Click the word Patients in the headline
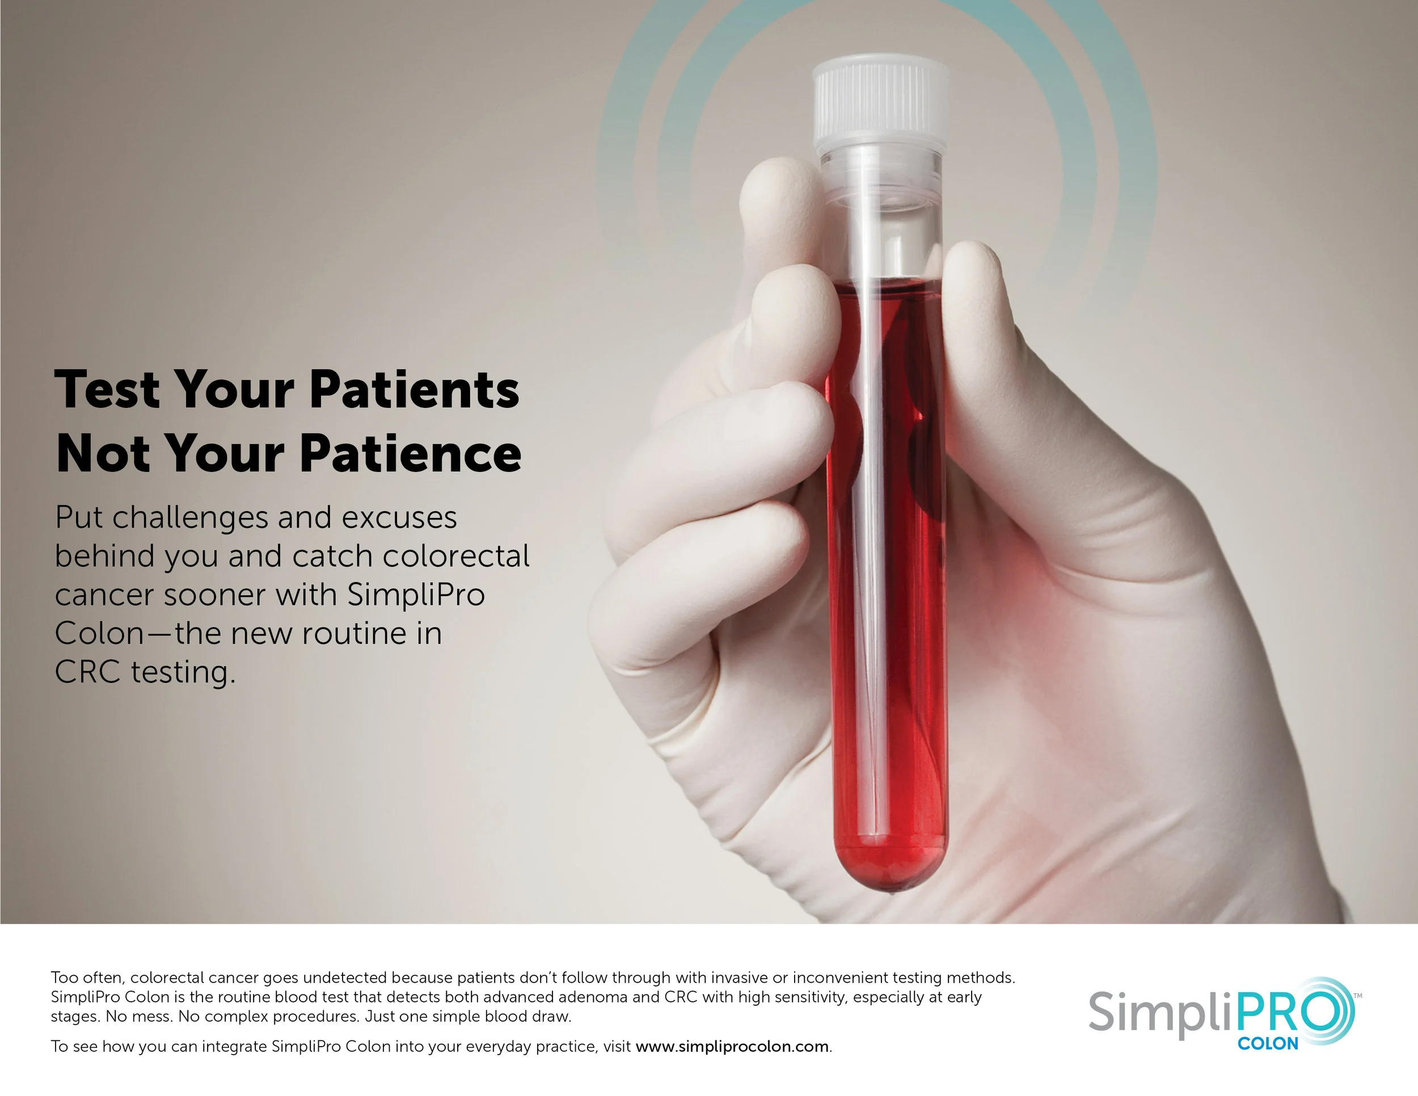click(414, 390)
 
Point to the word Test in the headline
click(107, 390)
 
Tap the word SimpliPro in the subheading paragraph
click(416, 595)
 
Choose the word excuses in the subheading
click(399, 517)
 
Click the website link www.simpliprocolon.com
click(732, 1047)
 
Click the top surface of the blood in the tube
click(885, 284)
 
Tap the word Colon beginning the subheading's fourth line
click(99, 634)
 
